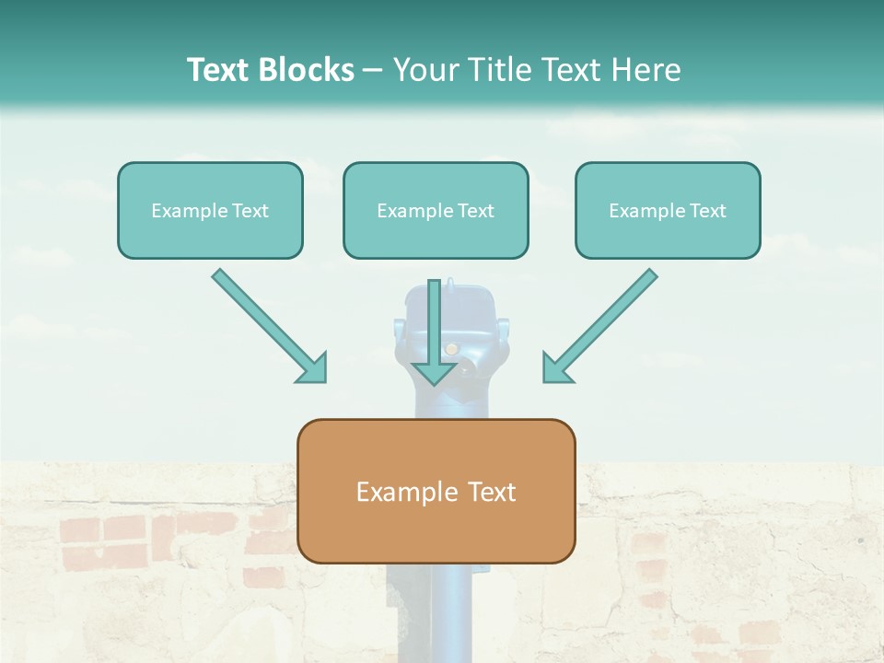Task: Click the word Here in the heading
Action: [648, 70]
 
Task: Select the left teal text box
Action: [210, 211]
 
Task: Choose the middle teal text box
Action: [436, 211]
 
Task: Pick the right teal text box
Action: [668, 211]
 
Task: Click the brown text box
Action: [436, 491]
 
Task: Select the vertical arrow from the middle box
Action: [435, 322]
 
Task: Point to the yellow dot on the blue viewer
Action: [451, 349]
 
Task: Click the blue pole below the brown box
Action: [436, 612]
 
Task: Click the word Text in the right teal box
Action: [707, 211]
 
